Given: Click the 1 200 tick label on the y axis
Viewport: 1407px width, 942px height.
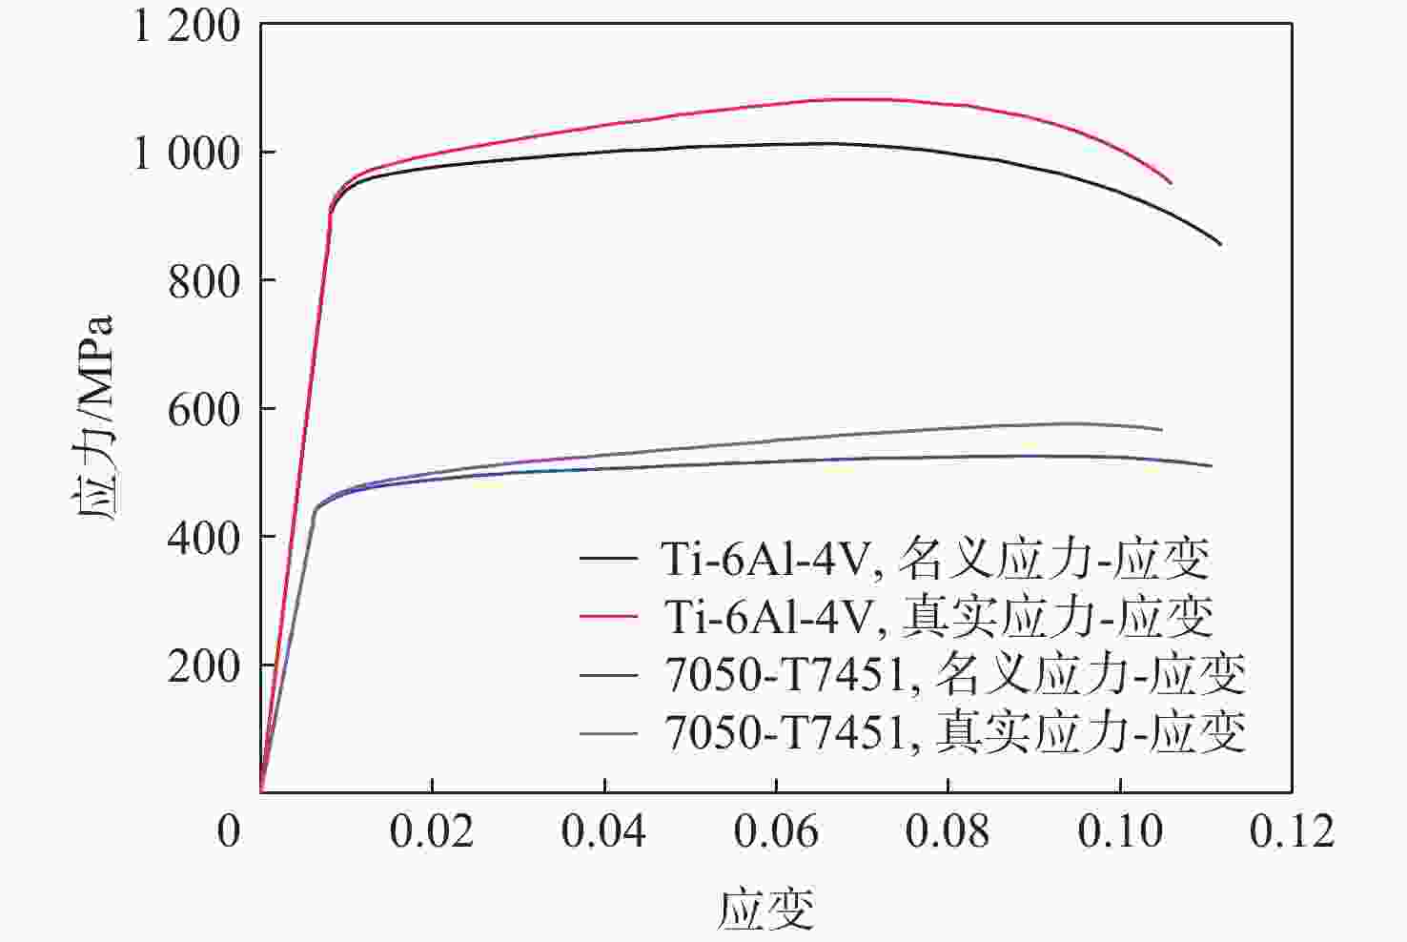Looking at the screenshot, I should coord(187,26).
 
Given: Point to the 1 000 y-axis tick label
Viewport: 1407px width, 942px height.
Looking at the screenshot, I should coord(187,154).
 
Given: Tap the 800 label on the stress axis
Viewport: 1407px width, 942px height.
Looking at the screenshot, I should coord(204,281).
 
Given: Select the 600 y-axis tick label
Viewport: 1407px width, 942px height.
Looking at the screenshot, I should coord(204,410).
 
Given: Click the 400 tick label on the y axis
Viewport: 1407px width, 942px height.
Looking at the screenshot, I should coord(204,538).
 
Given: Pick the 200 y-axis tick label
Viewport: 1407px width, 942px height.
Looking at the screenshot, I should coord(204,666).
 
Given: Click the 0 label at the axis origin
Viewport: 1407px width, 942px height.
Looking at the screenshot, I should coord(229,831).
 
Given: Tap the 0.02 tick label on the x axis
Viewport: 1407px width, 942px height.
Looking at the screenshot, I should coord(432,831).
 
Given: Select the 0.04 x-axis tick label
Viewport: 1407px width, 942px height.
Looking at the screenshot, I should coord(603,831).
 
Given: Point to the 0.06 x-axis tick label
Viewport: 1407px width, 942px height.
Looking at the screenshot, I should coord(776,831).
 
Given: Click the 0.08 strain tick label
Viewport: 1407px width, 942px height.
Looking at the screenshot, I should coord(948,831).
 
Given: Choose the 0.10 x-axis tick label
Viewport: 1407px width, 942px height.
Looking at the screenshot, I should coord(1120,831).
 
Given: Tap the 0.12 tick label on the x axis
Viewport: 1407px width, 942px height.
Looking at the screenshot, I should coord(1292,831).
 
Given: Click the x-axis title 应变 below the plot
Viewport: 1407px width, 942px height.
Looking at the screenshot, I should coord(766,908).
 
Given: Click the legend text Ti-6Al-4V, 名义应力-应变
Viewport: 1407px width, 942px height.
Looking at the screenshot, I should coord(935,559).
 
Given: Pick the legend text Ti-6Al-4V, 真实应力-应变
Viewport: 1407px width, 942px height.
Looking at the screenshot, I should coord(938,617).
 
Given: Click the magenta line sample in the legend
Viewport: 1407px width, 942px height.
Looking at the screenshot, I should coord(608,617).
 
